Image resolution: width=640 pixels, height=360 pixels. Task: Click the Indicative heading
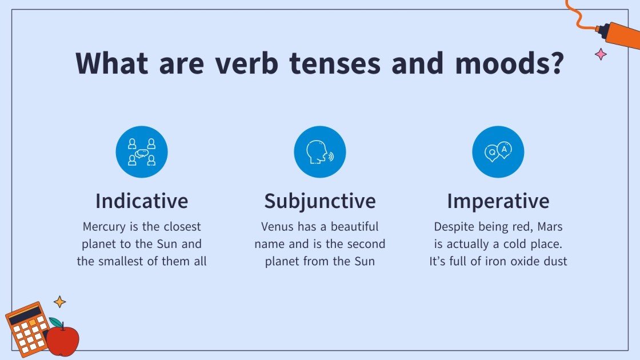coord(142,201)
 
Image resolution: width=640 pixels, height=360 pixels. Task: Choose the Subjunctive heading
coord(320,201)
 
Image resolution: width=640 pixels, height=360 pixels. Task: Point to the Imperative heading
coord(498,201)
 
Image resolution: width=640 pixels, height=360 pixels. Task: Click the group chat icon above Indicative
coord(142,152)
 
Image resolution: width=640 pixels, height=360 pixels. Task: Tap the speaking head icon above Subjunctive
coord(320,152)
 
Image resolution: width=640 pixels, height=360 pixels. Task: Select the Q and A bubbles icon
coord(498,152)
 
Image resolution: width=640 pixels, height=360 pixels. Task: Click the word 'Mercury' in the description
coord(105,227)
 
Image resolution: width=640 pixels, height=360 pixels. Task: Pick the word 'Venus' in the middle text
coord(278,227)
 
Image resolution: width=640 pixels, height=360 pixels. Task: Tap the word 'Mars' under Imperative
coord(550,227)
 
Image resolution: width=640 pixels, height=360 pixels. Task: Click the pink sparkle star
coord(601,55)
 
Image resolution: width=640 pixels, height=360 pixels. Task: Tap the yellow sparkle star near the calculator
coord(59,301)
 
